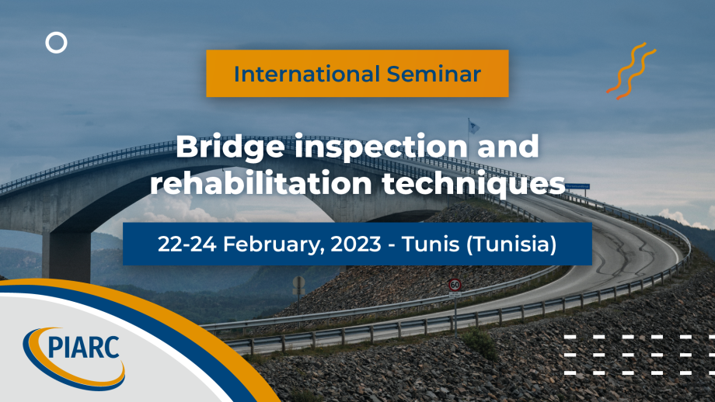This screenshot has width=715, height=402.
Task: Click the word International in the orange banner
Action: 307,74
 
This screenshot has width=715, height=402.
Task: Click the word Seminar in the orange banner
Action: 434,74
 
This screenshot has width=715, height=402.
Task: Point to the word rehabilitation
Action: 261,183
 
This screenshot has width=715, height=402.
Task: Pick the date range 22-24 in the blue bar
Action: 187,244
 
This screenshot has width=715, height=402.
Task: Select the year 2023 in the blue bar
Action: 356,244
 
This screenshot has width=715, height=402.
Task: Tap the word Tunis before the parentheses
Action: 431,244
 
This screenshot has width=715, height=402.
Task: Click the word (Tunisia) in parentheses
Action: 511,244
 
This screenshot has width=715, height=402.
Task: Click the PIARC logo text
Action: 83,348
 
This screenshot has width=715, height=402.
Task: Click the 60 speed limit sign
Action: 455,285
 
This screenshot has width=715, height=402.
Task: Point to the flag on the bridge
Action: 474,127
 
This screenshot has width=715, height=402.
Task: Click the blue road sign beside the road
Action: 577,186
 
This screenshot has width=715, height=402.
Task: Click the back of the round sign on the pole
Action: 298,282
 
